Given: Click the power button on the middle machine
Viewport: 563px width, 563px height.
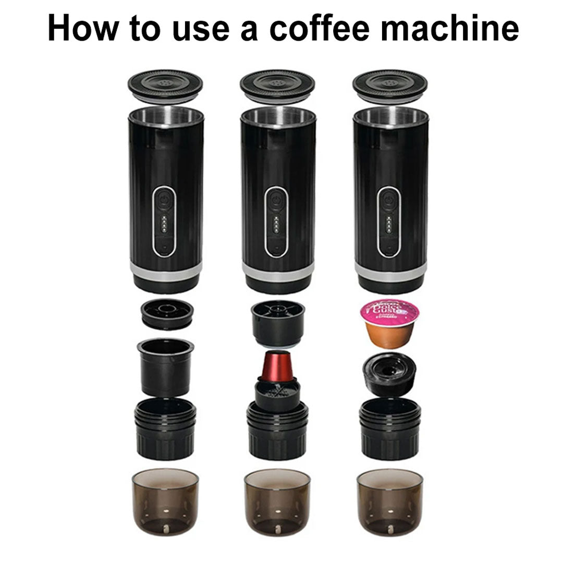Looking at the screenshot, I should tap(276, 200).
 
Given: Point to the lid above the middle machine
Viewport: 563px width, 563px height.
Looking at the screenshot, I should tap(277, 86).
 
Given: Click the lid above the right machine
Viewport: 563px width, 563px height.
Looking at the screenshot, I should tap(390, 86).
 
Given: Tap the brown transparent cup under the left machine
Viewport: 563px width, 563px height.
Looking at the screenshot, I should tap(165, 501).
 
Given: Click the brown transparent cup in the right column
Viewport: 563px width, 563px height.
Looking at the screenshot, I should tap(390, 501).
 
